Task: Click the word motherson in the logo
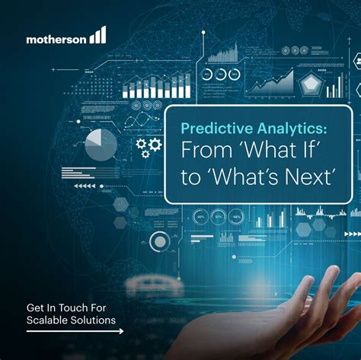55,37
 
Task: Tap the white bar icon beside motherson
97,35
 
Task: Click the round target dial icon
160,242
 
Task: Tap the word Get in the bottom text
35,308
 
